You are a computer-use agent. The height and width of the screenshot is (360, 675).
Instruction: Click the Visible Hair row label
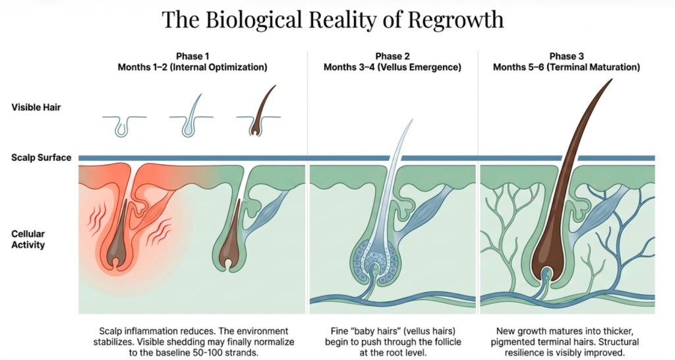(36, 107)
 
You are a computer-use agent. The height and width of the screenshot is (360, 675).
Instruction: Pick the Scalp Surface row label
(41, 158)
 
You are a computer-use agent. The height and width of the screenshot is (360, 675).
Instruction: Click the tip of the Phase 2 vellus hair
(411, 121)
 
